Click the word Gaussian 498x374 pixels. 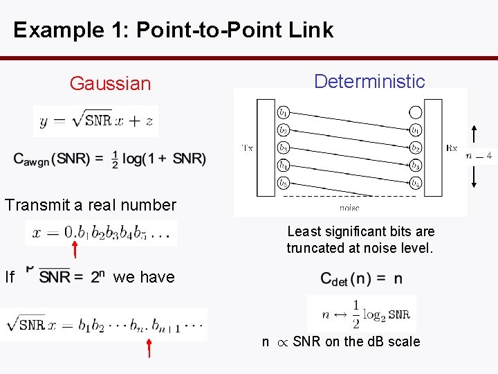pyautogui.click(x=110, y=84)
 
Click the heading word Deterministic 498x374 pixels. pyautogui.click(x=369, y=81)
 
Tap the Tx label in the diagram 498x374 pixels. pyautogui.click(x=247, y=148)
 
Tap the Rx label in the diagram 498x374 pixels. pyautogui.click(x=452, y=148)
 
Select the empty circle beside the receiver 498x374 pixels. pyautogui.click(x=415, y=112)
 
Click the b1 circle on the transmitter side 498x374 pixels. pyautogui.click(x=284, y=112)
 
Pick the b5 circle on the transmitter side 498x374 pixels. pyautogui.click(x=284, y=184)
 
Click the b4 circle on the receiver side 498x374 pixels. pyautogui.click(x=415, y=184)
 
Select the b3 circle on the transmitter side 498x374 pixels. pyautogui.click(x=284, y=148)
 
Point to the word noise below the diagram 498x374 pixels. pyautogui.click(x=349, y=206)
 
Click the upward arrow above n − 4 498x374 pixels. pyautogui.click(x=474, y=134)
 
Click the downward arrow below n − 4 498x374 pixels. pyautogui.click(x=474, y=176)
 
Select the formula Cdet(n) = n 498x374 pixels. pyautogui.click(x=361, y=278)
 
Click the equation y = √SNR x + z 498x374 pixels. pyautogui.click(x=96, y=121)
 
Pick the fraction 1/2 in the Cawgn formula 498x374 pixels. pyautogui.click(x=115, y=158)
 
